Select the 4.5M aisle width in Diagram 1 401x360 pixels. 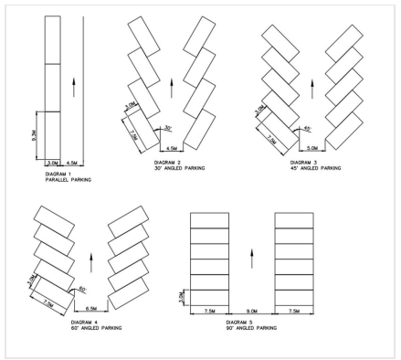pyautogui.click(x=71, y=164)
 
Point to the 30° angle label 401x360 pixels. pyautogui.click(x=168, y=128)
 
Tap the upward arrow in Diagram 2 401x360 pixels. pyautogui.click(x=170, y=89)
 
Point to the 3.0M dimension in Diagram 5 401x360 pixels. pyautogui.click(x=182, y=297)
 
